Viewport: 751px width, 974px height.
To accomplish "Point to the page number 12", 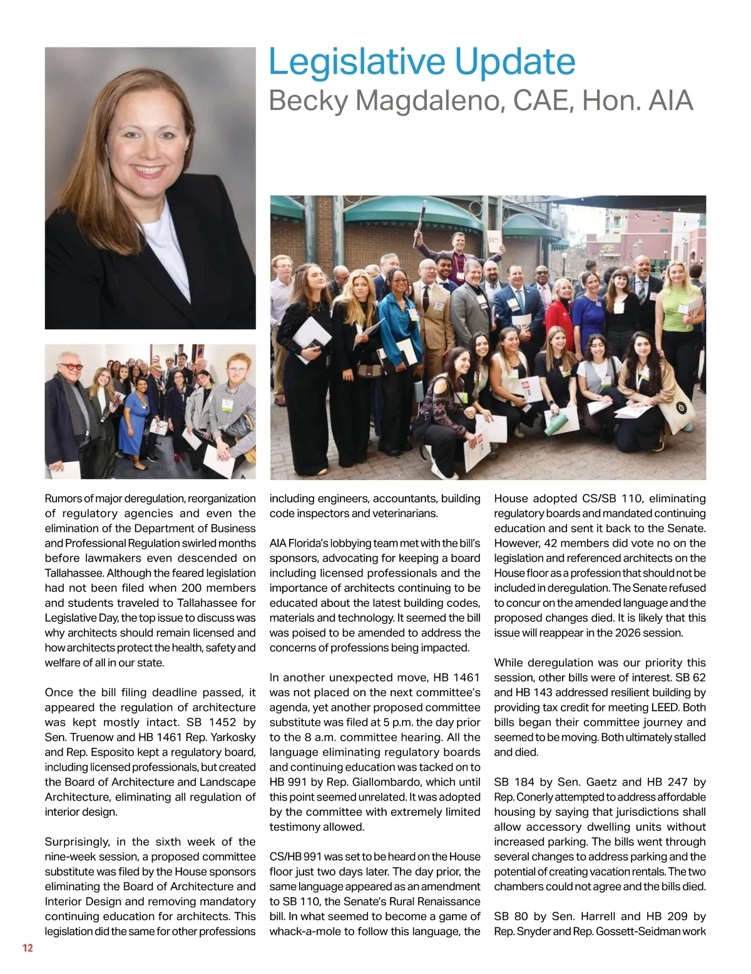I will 28,948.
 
